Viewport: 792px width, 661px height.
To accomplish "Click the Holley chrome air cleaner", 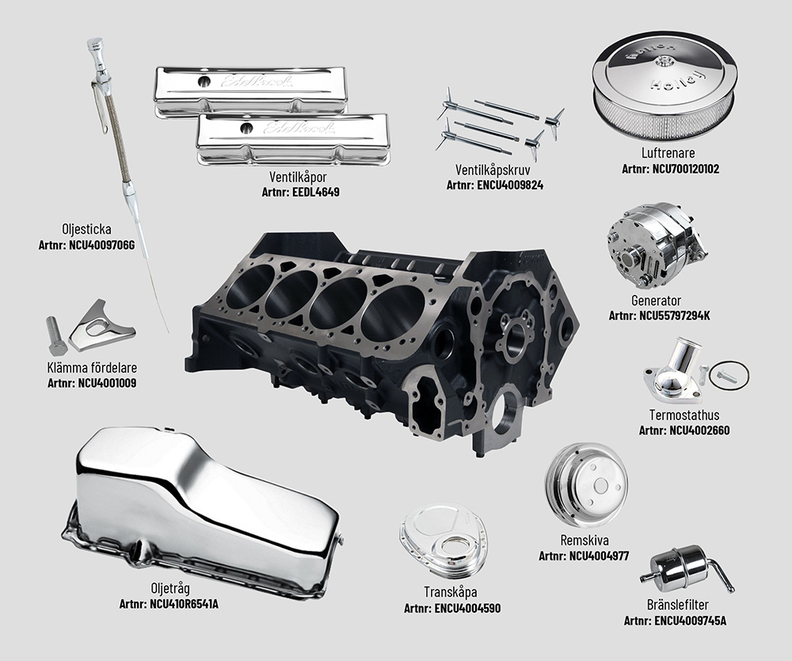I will pos(664,88).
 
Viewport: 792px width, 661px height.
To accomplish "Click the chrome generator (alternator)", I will pos(644,246).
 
